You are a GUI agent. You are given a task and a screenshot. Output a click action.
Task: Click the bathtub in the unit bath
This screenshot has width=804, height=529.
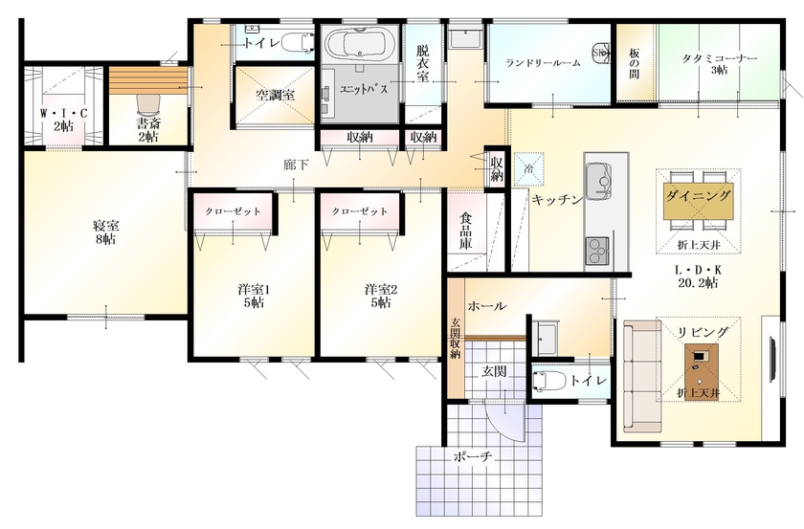pos(355,46)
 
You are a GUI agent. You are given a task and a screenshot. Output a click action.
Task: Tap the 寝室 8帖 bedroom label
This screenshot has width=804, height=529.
pos(105,232)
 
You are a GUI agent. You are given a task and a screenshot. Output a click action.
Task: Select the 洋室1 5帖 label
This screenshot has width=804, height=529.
pos(254,295)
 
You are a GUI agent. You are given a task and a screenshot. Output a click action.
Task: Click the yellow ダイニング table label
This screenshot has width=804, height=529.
pos(699,195)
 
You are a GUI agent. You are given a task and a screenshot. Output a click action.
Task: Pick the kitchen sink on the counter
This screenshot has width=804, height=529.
pos(599,179)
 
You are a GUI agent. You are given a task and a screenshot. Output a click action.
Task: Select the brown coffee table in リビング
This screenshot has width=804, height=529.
pos(700,361)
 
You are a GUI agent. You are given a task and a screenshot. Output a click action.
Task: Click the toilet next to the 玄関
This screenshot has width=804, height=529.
pos(547,381)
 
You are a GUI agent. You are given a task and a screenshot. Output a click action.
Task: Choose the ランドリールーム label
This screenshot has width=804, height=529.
pos(544,63)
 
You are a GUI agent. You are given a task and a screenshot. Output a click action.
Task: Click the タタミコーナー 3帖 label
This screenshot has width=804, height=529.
pos(720,63)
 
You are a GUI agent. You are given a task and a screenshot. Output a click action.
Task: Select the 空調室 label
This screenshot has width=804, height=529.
pos(275,95)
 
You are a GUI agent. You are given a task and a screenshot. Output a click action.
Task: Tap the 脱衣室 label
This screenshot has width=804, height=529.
pos(423,62)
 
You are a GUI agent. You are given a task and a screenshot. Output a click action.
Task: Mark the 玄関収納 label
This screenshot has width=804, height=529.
pos(456,338)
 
